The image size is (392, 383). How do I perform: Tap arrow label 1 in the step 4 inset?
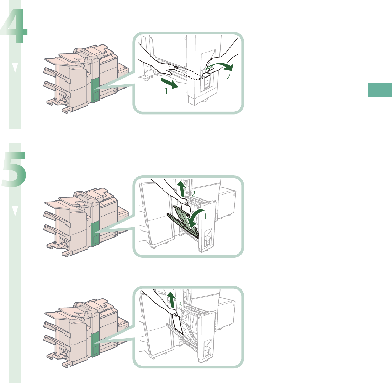tap(165, 91)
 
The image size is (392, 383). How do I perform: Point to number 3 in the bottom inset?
tap(180, 305)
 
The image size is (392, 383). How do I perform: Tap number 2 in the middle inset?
tap(193, 194)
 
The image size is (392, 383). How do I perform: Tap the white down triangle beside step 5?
tap(15, 212)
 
